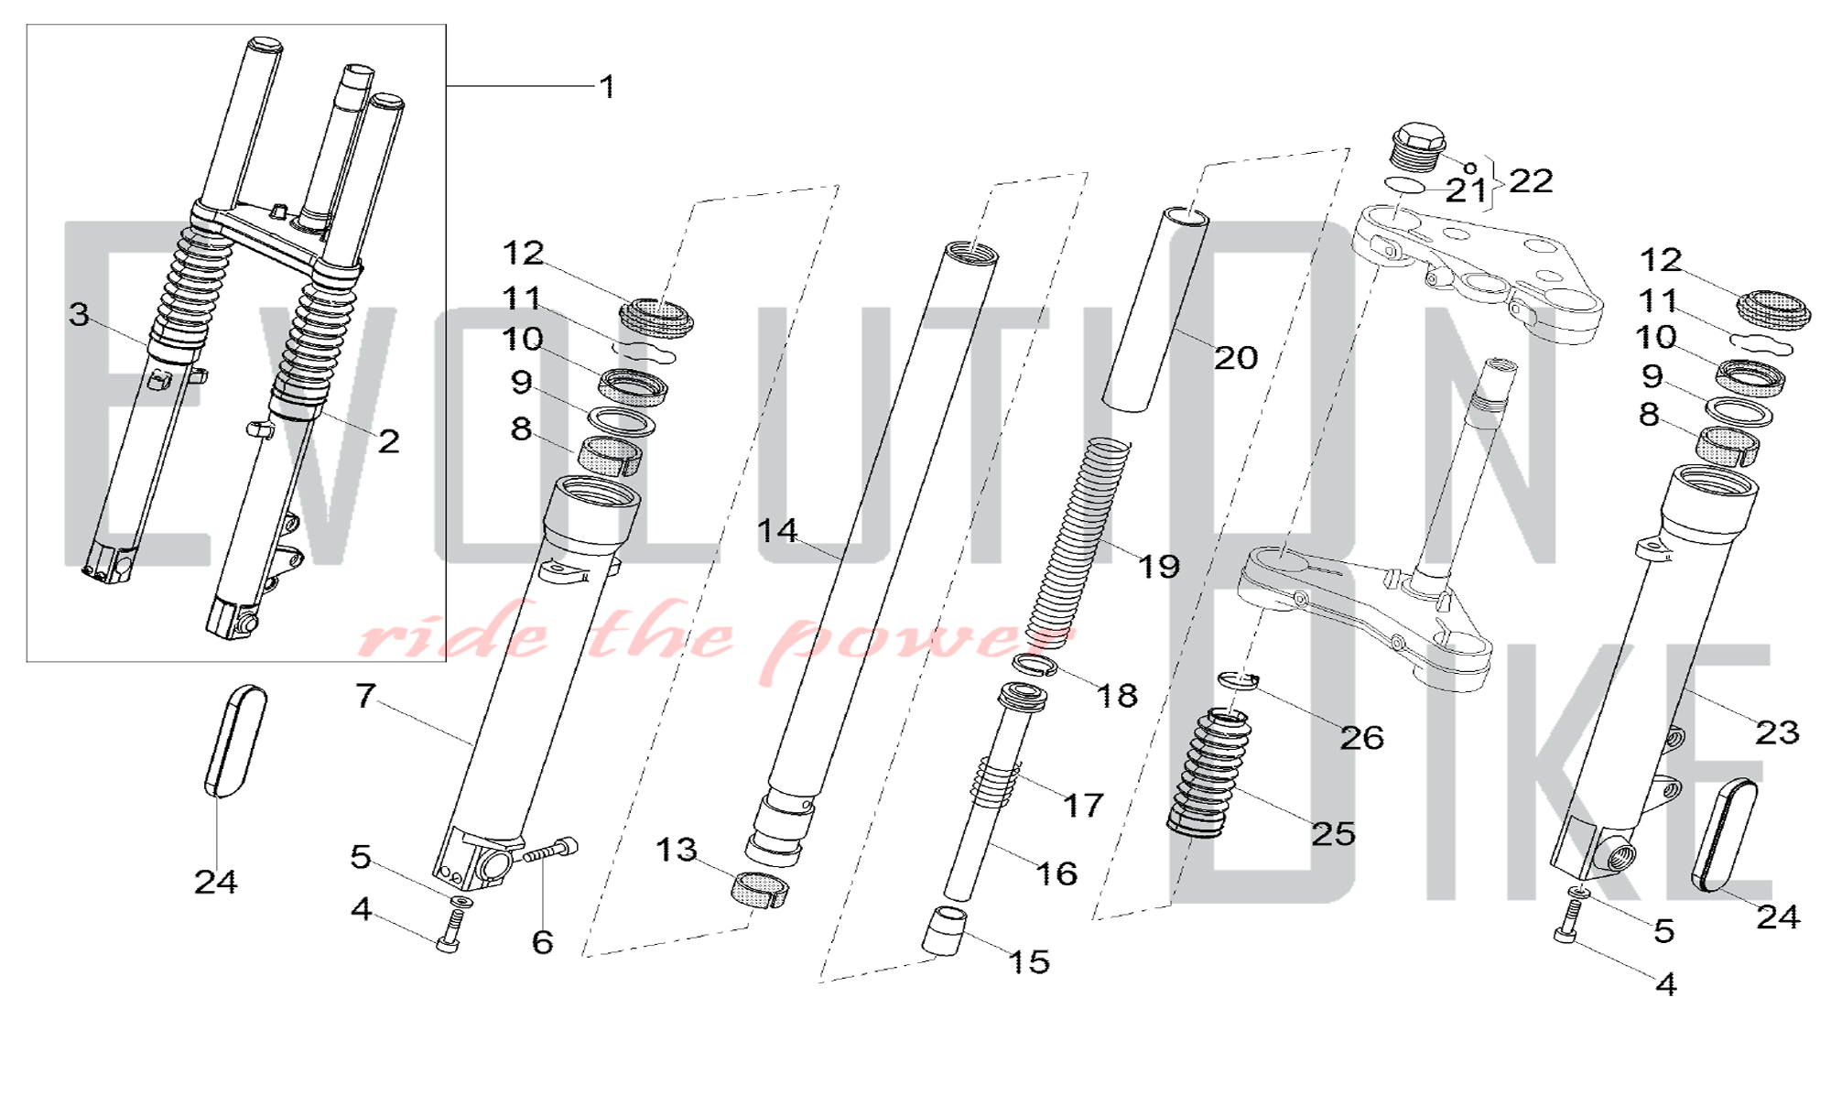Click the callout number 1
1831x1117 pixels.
pos(607,87)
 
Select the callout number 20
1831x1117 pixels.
pos(1236,357)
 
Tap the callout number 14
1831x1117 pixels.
pos(777,530)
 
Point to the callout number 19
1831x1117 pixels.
pos(1159,566)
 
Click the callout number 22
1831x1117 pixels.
pos(1531,180)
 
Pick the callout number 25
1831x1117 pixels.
pos(1333,833)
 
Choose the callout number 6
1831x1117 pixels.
pos(543,941)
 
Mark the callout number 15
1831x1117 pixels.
pos(1029,961)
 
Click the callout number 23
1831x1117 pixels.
pos(1777,732)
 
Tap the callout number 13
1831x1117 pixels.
pos(677,850)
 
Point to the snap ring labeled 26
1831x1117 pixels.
pos(1239,679)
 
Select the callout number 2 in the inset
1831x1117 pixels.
pos(389,441)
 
